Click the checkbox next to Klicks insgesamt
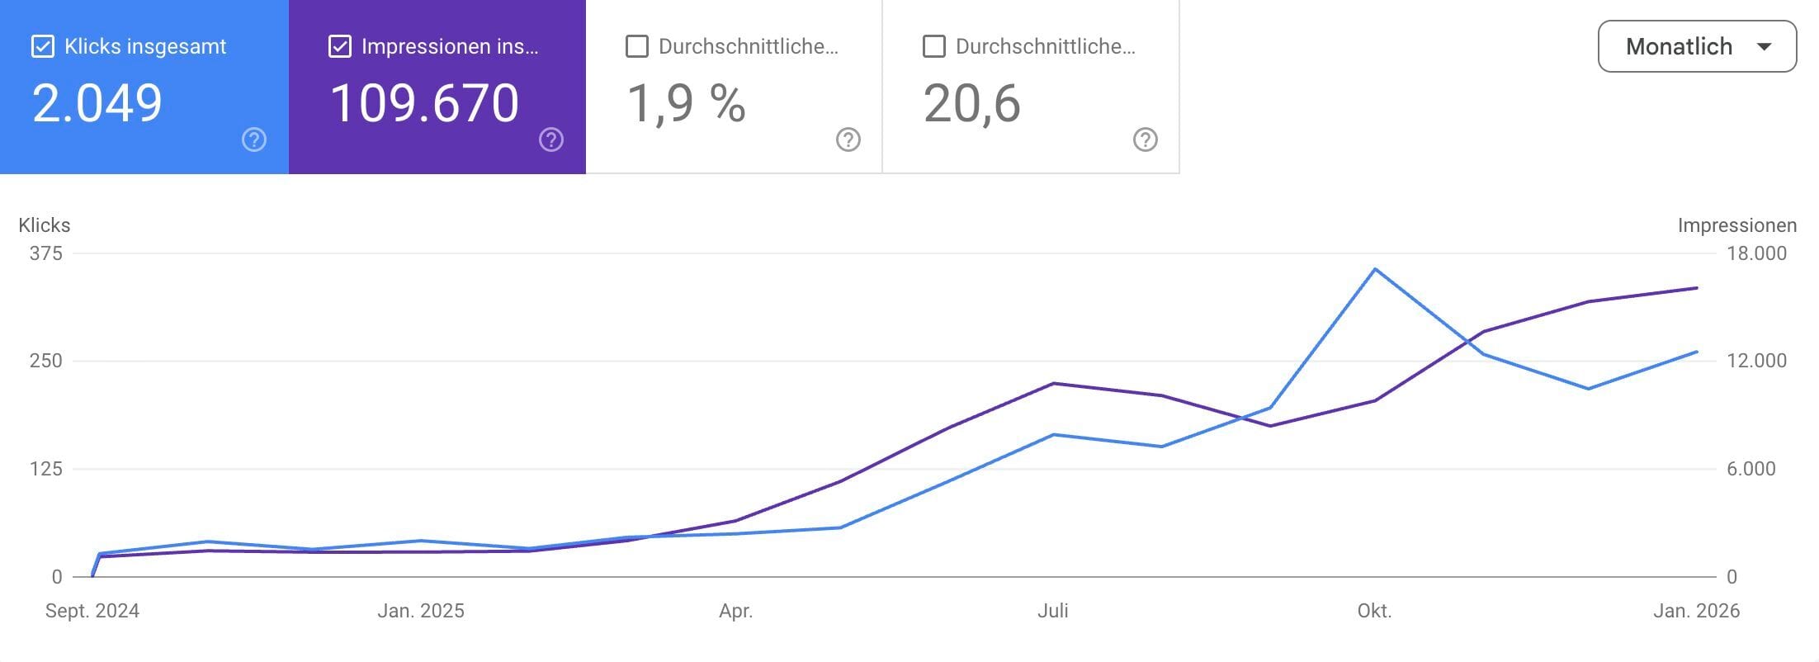tap(42, 46)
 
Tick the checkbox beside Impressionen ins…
tap(339, 46)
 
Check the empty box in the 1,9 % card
tap(636, 46)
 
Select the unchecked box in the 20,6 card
tap(933, 46)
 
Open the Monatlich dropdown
tap(1697, 46)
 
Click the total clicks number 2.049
tap(97, 104)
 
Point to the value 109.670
tap(424, 104)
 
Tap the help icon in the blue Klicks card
tap(254, 139)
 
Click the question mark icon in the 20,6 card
tap(1145, 139)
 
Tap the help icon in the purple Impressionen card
tap(551, 139)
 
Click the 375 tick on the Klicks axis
tap(46, 253)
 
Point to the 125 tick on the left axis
tap(46, 469)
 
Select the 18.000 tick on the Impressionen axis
tap(1756, 253)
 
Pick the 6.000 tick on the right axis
tap(1750, 469)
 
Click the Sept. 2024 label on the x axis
tap(92, 611)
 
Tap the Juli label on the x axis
tap(1052, 611)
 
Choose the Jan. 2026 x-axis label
tap(1696, 611)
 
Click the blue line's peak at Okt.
tap(1375, 269)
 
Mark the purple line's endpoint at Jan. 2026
tap(1697, 288)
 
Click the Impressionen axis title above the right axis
tap(1736, 225)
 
